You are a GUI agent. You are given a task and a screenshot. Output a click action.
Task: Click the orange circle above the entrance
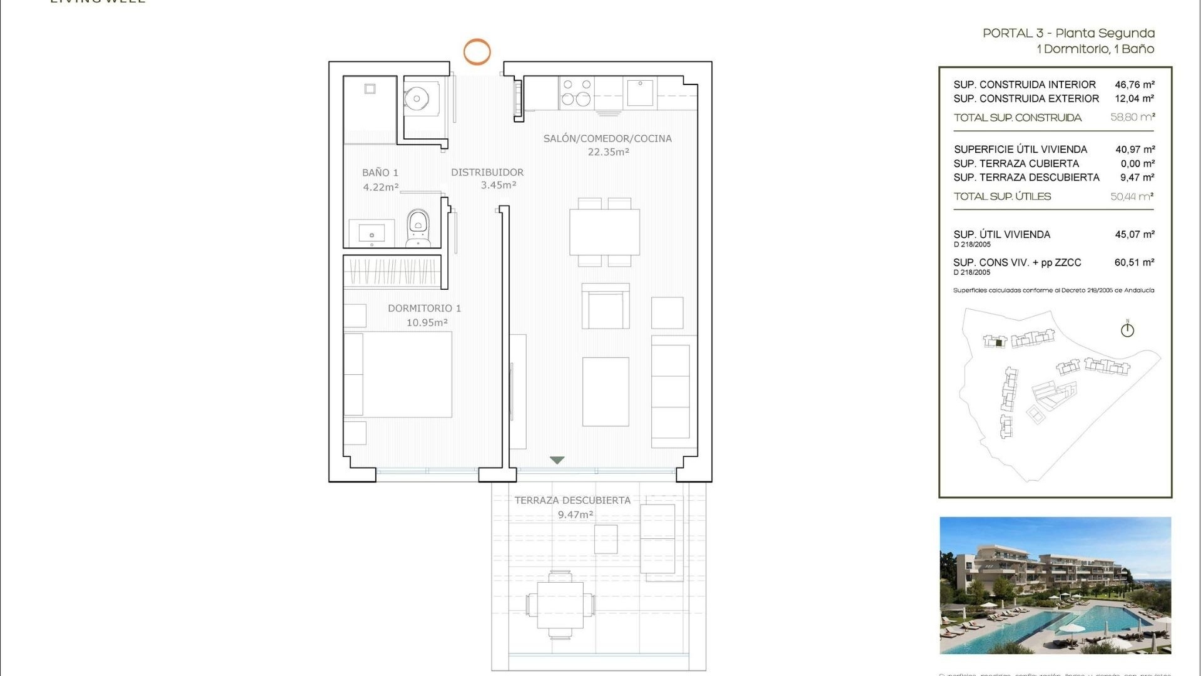click(477, 52)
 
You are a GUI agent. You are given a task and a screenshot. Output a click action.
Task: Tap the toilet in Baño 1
click(418, 227)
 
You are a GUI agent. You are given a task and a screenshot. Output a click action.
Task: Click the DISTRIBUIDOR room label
click(487, 172)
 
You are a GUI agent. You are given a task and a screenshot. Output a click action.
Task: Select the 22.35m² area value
click(608, 152)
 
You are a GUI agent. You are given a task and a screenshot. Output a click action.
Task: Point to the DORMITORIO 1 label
click(424, 308)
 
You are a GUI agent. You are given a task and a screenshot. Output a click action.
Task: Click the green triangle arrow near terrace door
click(557, 460)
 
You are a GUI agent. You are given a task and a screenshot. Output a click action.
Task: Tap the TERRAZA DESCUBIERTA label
click(572, 500)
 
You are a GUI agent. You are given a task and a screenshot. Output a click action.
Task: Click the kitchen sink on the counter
click(639, 93)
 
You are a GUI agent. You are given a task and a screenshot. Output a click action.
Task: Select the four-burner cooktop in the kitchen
click(577, 92)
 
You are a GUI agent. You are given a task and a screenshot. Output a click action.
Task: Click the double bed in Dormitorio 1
click(398, 374)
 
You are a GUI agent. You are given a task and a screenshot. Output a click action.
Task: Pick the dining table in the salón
click(604, 232)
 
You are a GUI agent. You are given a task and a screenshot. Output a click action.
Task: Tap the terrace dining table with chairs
click(560, 605)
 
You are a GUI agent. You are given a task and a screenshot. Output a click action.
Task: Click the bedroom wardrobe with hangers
click(392, 272)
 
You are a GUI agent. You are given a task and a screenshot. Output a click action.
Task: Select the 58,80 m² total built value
click(1132, 117)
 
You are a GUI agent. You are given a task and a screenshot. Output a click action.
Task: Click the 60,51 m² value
click(1133, 262)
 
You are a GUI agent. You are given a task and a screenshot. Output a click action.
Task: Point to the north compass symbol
click(1127, 329)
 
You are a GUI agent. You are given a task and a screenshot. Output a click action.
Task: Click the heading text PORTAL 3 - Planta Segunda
click(1068, 33)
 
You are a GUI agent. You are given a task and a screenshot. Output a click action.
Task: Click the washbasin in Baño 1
click(372, 233)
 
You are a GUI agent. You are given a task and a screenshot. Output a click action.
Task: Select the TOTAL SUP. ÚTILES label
click(1002, 197)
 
